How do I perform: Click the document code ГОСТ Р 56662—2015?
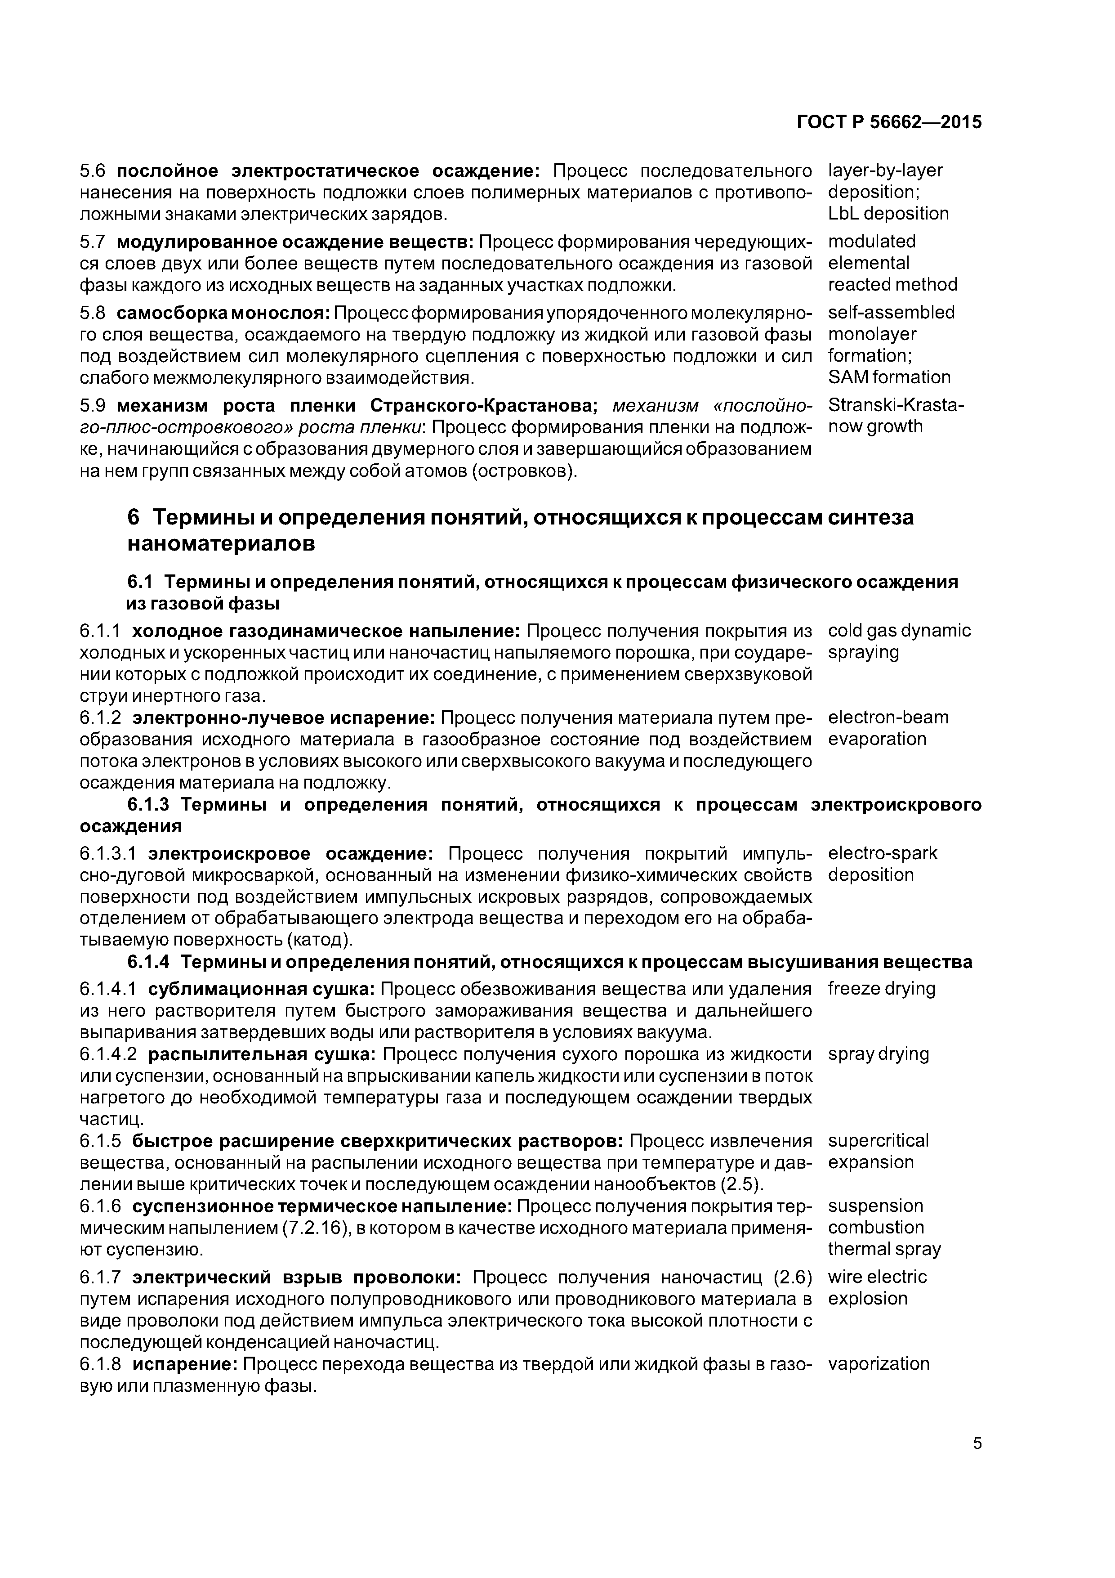tap(888, 123)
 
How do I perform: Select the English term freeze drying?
tap(881, 988)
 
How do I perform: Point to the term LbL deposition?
tap(888, 214)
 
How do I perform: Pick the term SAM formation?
tap(889, 377)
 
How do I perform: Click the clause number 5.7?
tap(93, 242)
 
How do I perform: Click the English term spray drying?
tap(878, 1053)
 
